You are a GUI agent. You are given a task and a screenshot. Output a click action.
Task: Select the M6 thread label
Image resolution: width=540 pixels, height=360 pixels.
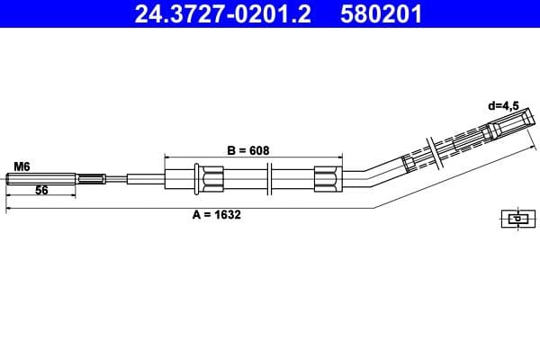pos(22,166)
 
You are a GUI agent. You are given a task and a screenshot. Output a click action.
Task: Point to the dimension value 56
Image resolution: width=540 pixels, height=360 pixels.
pos(41,190)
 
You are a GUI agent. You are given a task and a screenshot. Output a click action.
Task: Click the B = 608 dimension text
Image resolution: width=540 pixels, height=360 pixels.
pos(247,149)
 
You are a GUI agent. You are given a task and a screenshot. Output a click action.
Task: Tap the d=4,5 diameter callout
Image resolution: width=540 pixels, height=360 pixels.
pos(504,105)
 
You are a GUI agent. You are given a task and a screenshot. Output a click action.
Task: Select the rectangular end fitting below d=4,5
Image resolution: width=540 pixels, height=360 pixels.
pos(507,124)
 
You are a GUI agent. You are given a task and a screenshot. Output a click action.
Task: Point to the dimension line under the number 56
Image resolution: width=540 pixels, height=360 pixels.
pos(40,195)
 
